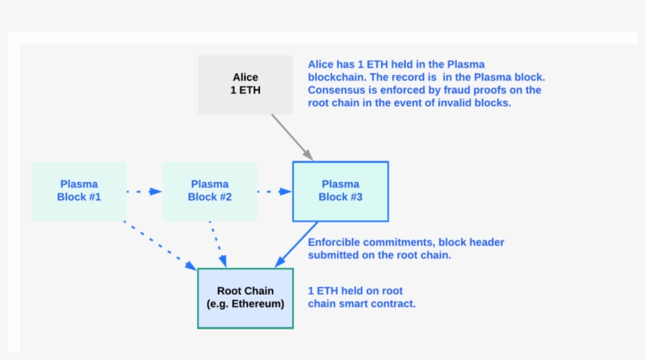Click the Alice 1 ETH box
point(245,84)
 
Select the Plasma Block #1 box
point(79,191)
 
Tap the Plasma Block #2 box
point(210,191)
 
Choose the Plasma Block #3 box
point(340,191)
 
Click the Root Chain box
point(245,298)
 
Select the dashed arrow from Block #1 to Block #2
point(144,191)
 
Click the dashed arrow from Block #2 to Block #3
point(274,191)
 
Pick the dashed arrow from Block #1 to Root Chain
point(159,245)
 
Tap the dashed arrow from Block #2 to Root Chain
point(218,244)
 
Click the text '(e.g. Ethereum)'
point(245,304)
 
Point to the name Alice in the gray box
point(245,78)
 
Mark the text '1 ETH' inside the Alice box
point(245,91)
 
